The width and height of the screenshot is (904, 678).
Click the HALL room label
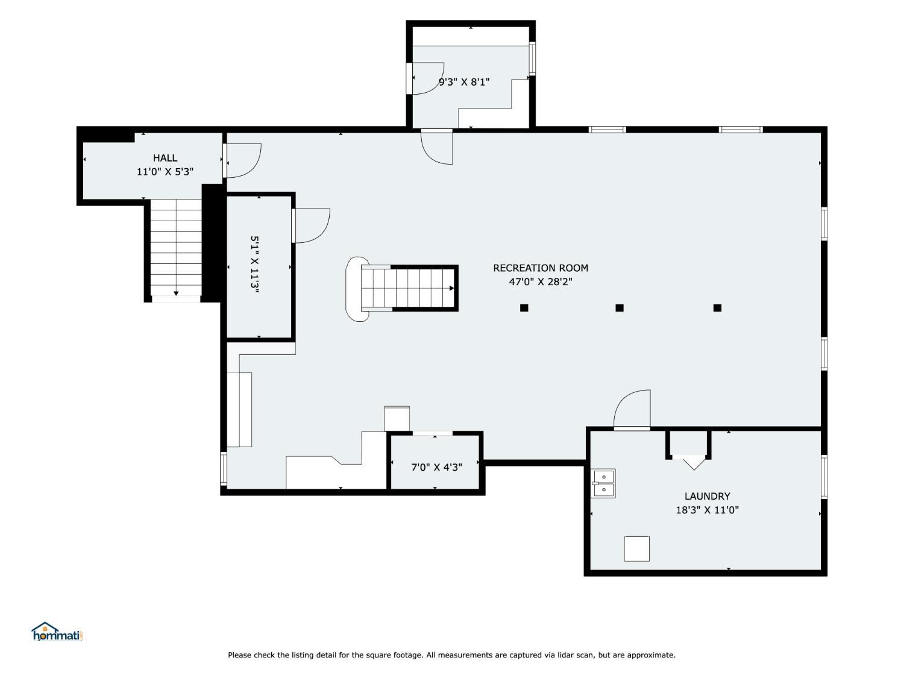coord(165,158)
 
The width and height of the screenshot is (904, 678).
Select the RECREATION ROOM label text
coord(541,268)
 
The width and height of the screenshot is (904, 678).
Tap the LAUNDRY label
coord(707,496)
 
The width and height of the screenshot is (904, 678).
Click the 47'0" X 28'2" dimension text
coord(541,282)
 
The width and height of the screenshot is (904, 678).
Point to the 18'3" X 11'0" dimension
coord(707,510)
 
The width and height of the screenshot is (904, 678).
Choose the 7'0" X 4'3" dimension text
coord(436,467)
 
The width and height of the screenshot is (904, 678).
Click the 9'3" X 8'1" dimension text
coord(463,82)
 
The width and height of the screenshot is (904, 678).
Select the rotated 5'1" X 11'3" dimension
coord(255,265)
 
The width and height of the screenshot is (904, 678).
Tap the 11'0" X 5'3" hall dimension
coord(165,172)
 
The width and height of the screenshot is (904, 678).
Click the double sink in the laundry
coord(603,483)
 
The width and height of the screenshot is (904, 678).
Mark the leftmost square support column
coord(524,307)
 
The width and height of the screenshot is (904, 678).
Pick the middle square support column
coord(620,307)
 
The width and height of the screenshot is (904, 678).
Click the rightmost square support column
coord(717,307)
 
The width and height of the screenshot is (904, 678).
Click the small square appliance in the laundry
coord(636,548)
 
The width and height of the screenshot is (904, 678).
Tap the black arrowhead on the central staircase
coord(451,288)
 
